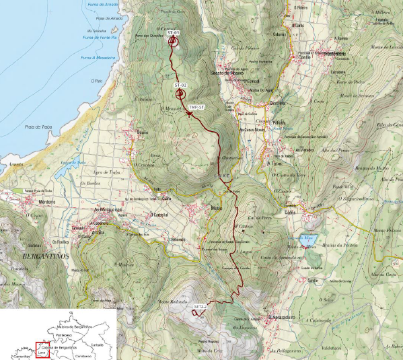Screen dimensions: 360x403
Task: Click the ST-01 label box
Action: click(x=173, y=32)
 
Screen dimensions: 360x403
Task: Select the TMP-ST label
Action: click(x=196, y=108)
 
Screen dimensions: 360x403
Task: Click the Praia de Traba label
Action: click(x=37, y=126)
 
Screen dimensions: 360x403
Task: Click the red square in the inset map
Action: click(x=42, y=350)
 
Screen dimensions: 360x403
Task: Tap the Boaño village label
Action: click(x=143, y=133)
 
